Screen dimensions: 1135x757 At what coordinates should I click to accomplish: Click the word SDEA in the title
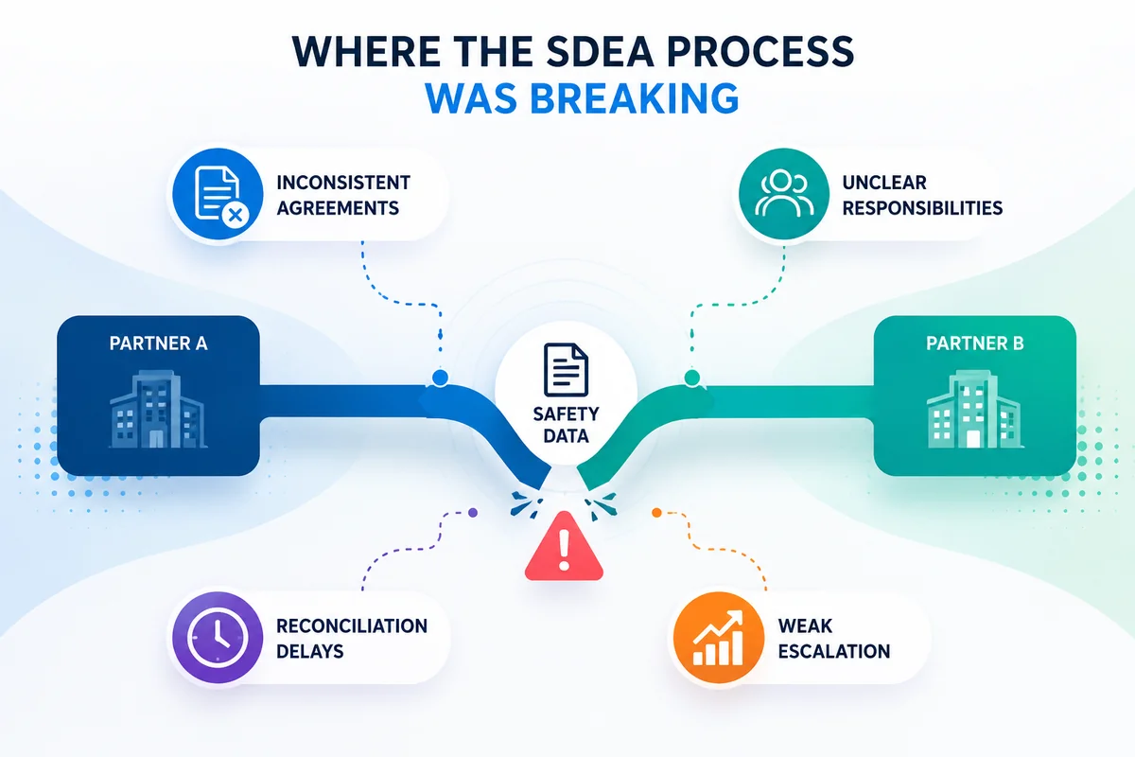pyautogui.click(x=601, y=51)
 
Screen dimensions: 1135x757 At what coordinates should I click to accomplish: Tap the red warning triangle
pyautogui.click(x=564, y=547)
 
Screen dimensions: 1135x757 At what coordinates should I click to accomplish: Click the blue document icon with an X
pyautogui.click(x=218, y=194)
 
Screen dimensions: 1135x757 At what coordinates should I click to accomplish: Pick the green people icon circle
pyautogui.click(x=784, y=194)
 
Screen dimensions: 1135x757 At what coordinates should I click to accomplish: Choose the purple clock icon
pyautogui.click(x=218, y=638)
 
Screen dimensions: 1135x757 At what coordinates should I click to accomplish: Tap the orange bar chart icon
pyautogui.click(x=719, y=638)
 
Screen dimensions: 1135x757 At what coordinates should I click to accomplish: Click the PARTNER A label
pyautogui.click(x=159, y=343)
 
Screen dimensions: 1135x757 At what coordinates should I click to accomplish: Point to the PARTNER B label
pyautogui.click(x=975, y=343)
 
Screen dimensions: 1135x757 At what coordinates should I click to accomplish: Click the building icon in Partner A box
pyautogui.click(x=158, y=409)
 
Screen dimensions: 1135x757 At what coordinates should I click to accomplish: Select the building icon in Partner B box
pyautogui.click(x=975, y=409)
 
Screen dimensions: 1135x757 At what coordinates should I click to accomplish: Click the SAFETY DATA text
pyautogui.click(x=566, y=425)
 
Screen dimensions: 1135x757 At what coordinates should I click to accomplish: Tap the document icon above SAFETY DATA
pyautogui.click(x=566, y=370)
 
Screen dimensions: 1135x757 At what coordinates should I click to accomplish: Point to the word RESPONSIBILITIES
pyautogui.click(x=922, y=208)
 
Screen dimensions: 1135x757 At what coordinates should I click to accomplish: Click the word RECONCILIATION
pyautogui.click(x=352, y=626)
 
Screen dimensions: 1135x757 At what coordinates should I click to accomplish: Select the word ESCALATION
pyautogui.click(x=834, y=652)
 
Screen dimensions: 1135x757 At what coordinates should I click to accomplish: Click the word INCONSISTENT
pyautogui.click(x=343, y=183)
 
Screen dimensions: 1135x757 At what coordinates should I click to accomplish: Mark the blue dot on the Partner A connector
pyautogui.click(x=440, y=378)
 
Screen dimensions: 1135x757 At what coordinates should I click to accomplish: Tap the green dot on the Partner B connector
pyautogui.click(x=692, y=378)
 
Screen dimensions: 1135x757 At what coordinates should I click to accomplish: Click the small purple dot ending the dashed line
pyautogui.click(x=473, y=513)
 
